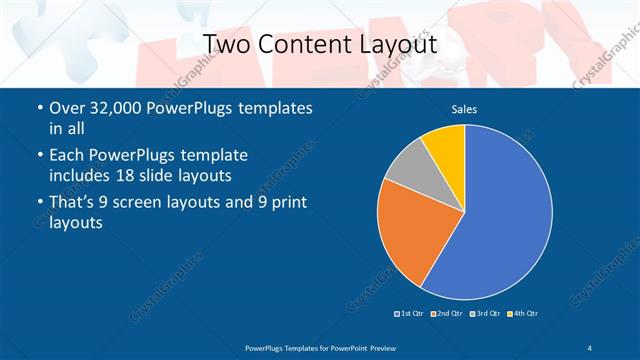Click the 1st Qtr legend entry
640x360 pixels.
tap(410, 314)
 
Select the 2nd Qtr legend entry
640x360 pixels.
tap(446, 314)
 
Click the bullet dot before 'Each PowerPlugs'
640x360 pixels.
tap(39, 156)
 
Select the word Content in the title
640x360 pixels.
tap(302, 44)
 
